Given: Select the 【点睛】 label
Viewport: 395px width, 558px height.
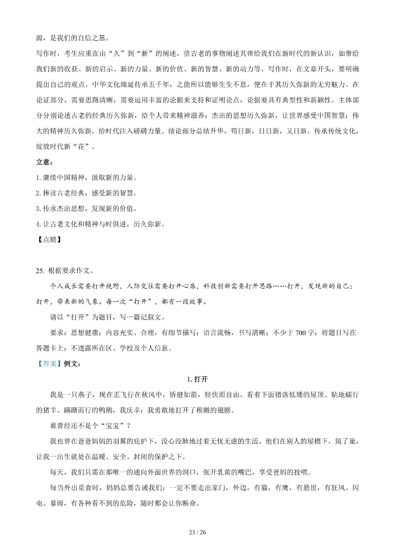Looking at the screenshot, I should pos(49,240).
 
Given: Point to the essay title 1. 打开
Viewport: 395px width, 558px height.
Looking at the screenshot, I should pos(197,379).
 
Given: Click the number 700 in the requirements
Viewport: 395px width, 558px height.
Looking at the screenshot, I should pos(301,332).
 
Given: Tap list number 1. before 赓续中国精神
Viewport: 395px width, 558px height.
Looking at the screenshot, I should pos(38,178).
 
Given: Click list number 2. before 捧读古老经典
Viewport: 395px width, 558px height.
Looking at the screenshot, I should pos(38,193).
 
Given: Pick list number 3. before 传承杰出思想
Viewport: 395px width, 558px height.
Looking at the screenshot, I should pos(38,209).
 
